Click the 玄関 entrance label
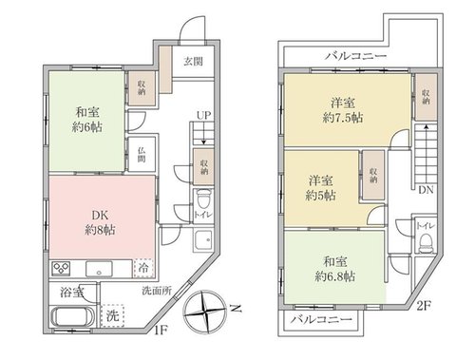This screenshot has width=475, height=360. tap(193, 62)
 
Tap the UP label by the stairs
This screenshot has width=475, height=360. tap(203, 116)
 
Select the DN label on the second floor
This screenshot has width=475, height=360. tap(426, 190)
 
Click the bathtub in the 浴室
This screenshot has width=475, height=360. tap(72, 317)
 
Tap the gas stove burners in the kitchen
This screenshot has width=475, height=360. tap(61, 269)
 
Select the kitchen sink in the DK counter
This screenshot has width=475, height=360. tap(99, 269)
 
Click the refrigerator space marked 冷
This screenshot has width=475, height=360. tap(143, 269)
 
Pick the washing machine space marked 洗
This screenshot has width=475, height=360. tap(112, 315)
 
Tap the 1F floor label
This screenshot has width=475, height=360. tap(161, 331)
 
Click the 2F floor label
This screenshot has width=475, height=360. tap(424, 306)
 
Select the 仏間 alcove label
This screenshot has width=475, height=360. tap(142, 155)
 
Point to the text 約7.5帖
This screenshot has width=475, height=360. tap(343, 118)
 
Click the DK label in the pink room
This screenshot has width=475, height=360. tap(100, 216)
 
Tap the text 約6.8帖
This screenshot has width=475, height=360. tap(334, 276)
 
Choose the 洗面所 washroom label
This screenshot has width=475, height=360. tap(157, 291)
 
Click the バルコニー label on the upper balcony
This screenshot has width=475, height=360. tap(356, 56)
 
